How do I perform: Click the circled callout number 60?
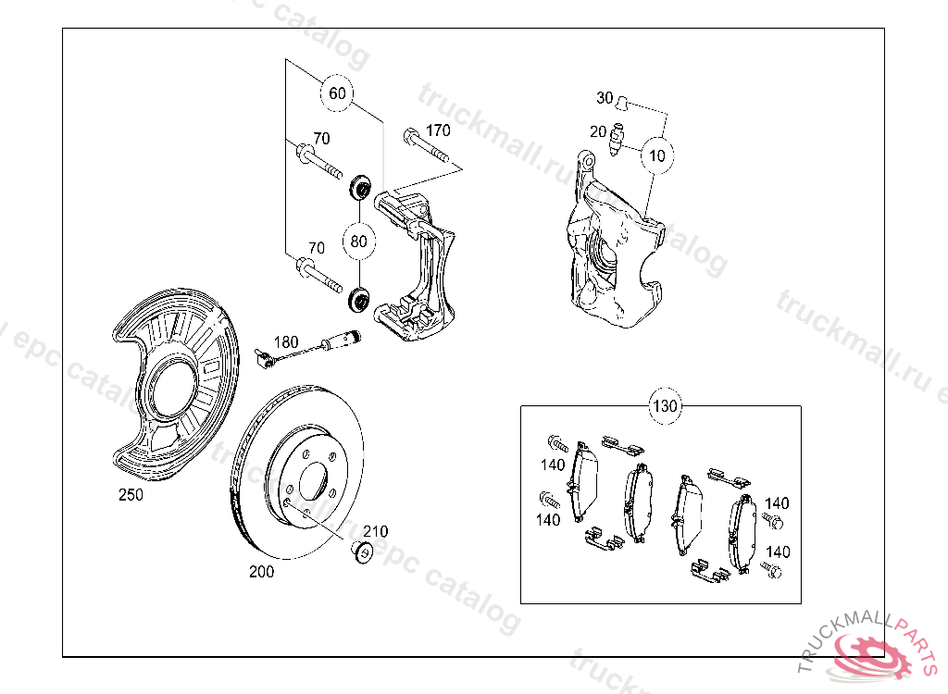tap(337, 93)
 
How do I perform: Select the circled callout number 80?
tap(359, 242)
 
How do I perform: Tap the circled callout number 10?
tap(656, 155)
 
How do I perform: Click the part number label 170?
tap(438, 130)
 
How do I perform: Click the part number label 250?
tap(131, 495)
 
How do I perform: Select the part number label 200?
tap(262, 572)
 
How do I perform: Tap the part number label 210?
tap(375, 531)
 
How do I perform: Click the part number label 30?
tap(605, 97)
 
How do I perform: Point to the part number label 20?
tap(598, 131)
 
